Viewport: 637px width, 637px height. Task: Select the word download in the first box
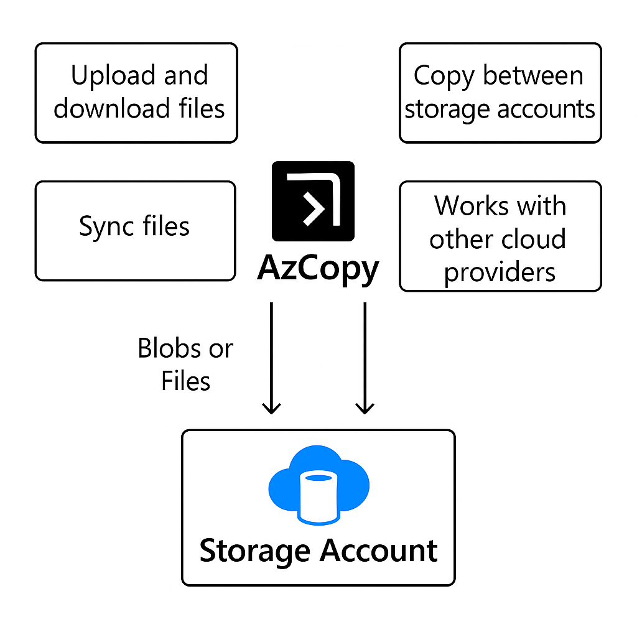point(112,108)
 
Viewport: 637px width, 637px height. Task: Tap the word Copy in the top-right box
point(444,77)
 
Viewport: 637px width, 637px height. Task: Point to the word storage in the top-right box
point(447,109)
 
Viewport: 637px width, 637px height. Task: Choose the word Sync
point(106,226)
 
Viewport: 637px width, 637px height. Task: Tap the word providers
point(500,272)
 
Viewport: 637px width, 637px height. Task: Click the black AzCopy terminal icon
point(314,201)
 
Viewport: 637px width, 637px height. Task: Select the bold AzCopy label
point(318,269)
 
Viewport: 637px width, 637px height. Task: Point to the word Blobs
point(169,348)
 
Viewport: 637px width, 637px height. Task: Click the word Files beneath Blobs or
point(185,381)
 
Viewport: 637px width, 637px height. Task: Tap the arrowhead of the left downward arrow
point(271,408)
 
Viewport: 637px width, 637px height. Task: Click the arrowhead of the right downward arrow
point(365,408)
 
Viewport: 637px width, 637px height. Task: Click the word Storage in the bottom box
point(254,552)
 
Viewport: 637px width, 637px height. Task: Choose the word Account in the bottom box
point(379,551)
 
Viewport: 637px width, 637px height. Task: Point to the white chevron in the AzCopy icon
point(314,209)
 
